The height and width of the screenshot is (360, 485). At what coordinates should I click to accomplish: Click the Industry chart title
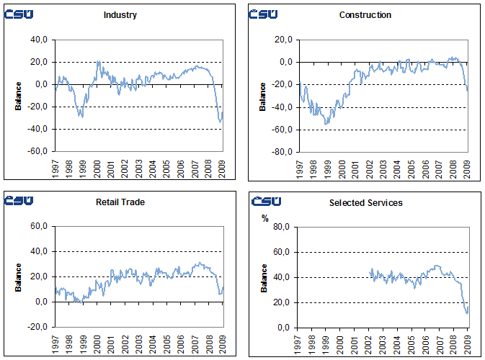120,15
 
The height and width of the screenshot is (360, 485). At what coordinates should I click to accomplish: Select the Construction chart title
365,15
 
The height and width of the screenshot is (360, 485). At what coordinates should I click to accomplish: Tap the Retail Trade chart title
120,202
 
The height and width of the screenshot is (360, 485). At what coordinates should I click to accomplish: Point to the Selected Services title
365,202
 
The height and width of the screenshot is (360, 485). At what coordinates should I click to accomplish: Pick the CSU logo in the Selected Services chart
264,202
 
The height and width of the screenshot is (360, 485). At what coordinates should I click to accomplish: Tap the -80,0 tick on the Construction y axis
281,152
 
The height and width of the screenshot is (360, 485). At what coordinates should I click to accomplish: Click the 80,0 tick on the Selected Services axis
282,227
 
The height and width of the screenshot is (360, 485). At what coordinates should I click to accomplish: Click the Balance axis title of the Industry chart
18,96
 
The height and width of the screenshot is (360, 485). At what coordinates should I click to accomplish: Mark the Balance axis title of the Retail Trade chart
18,278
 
